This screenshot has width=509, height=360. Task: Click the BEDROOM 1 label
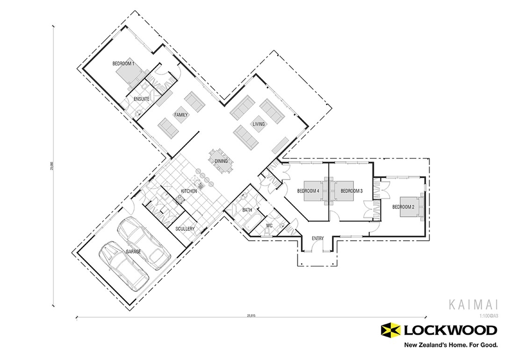click(123, 63)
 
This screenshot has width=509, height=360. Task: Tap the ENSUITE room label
click(141, 99)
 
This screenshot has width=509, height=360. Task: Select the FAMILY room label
click(181, 115)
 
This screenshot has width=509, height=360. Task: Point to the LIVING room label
click(258, 124)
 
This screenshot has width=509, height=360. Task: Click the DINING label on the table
click(221, 161)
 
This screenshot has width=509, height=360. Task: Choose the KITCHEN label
click(189, 191)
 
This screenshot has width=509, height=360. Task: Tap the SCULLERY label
click(185, 229)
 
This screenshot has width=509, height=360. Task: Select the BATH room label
click(247, 210)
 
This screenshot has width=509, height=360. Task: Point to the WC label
click(269, 225)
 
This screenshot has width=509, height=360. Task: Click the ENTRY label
click(317, 239)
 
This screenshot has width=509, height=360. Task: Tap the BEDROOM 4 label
click(308, 191)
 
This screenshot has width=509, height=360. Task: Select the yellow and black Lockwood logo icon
click(391, 331)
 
